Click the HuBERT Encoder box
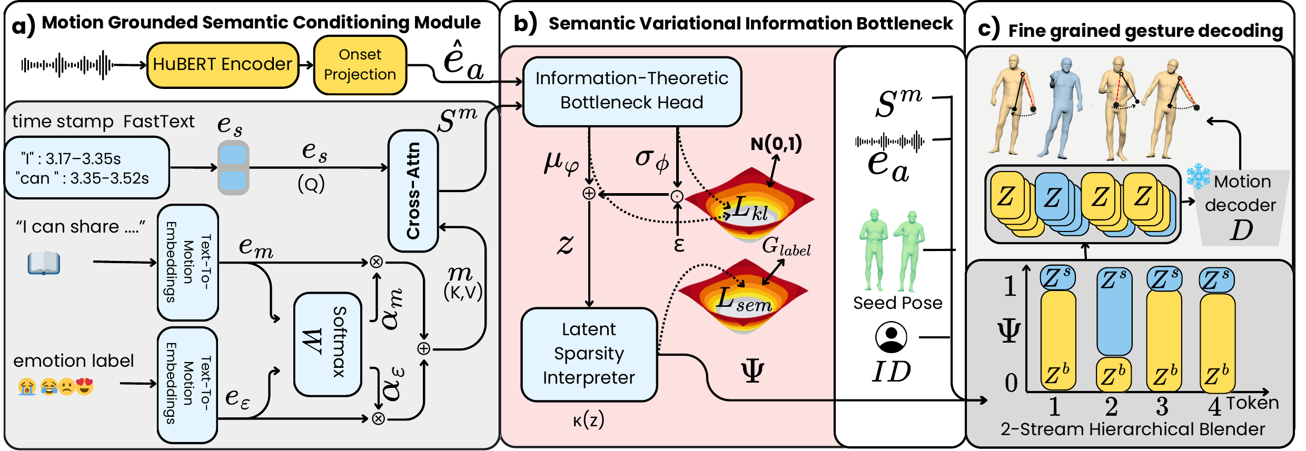(223, 65)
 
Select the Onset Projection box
(360, 65)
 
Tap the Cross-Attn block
(413, 191)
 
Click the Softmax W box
(328, 344)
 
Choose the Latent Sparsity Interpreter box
(589, 354)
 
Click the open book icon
(44, 263)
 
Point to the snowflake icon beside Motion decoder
(1198, 176)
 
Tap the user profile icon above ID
(891, 337)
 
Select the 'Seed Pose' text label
(898, 303)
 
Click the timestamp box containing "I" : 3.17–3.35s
(87, 168)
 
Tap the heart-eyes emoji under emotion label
(84, 387)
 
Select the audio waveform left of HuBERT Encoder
(67, 65)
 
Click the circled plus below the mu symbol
(589, 194)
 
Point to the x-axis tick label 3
(1162, 407)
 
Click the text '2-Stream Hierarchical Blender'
(1133, 429)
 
